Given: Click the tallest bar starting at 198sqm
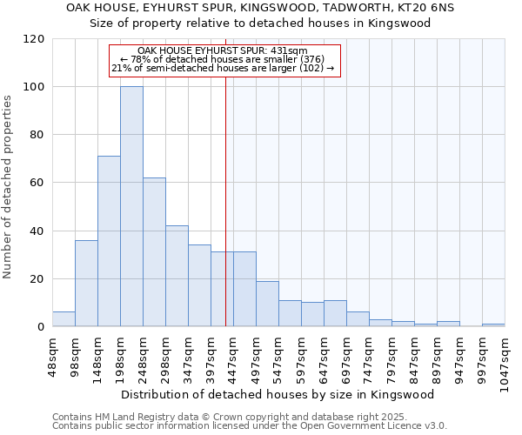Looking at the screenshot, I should click(x=131, y=206).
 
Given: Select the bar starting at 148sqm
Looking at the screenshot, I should click(x=109, y=241).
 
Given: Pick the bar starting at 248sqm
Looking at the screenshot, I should click(x=154, y=252).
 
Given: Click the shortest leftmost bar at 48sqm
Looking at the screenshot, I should click(x=64, y=319).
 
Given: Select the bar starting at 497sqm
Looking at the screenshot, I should click(x=267, y=304).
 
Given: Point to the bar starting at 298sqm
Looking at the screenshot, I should click(x=177, y=276).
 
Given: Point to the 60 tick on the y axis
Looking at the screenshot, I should click(x=37, y=183).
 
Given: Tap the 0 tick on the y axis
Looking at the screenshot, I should click(x=40, y=327).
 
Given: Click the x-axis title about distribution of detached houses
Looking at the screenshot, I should click(x=278, y=394).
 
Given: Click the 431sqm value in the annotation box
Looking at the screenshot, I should click(x=291, y=51).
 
